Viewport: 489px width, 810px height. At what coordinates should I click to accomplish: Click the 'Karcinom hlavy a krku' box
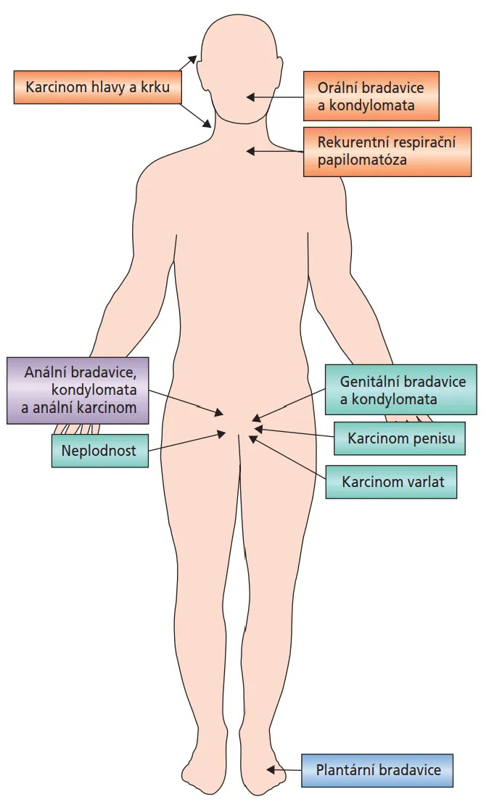97,87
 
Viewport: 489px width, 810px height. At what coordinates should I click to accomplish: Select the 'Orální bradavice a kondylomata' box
371,96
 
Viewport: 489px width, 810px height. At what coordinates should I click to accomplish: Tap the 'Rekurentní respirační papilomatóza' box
387,152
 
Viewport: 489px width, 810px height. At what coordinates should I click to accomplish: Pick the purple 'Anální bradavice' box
78,390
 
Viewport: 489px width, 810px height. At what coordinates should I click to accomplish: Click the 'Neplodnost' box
99,450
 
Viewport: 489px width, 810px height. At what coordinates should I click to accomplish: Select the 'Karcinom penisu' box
400,438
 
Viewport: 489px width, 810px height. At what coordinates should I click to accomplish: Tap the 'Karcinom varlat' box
391,481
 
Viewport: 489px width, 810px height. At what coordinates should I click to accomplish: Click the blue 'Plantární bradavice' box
378,769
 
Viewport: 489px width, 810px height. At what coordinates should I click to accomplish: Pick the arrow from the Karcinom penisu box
293,433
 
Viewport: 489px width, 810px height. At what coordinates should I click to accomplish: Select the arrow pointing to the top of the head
188,65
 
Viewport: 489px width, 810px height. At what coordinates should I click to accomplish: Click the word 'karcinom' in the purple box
103,408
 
